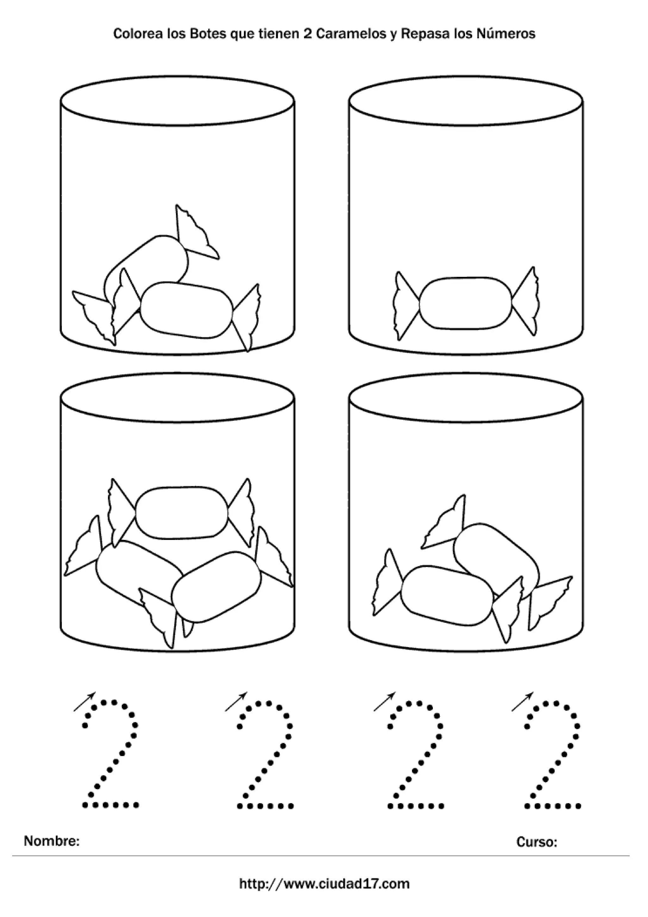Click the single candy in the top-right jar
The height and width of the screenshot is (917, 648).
pyautogui.click(x=466, y=303)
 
